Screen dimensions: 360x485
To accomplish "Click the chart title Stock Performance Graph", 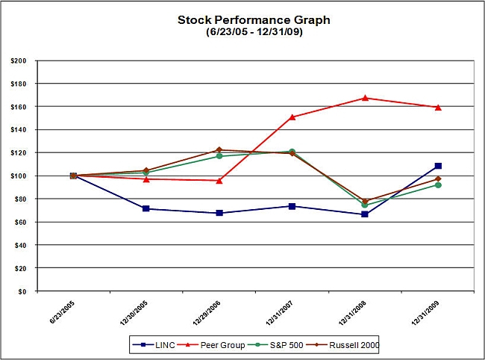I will tap(242, 20).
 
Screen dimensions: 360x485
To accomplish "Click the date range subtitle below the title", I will tap(242, 32).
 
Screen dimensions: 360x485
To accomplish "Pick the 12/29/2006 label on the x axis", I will tap(207, 314).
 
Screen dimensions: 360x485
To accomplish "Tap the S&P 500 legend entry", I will tap(281, 344).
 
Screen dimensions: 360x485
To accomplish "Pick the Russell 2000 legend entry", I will tap(347, 344).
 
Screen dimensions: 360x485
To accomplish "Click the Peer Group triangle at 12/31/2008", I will tap(365, 98).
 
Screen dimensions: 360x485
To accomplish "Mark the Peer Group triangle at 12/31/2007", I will tap(292, 117).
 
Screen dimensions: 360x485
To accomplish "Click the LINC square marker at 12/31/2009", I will tap(438, 166).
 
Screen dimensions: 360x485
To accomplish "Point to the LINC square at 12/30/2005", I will tap(146, 208).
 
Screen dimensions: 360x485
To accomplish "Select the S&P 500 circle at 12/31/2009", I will tap(438, 184).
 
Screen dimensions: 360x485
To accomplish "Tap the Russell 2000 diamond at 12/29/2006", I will tap(219, 149).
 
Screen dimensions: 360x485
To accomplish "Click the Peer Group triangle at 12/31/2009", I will tap(438, 108).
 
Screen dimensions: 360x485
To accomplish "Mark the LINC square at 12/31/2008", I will tap(365, 214).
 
